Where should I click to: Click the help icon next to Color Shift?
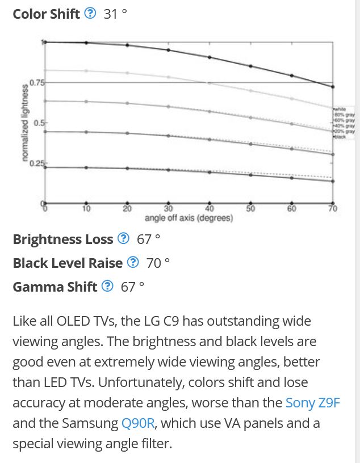click(90, 14)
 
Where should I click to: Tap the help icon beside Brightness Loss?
click(123, 239)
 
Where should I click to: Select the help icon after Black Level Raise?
click(133, 263)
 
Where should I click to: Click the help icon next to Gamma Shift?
click(107, 287)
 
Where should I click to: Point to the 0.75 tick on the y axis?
click(37, 83)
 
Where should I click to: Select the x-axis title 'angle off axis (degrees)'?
click(189, 218)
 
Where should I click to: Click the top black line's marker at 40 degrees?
click(210, 57)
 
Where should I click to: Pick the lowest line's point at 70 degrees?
click(333, 181)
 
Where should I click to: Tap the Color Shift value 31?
click(111, 14)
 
